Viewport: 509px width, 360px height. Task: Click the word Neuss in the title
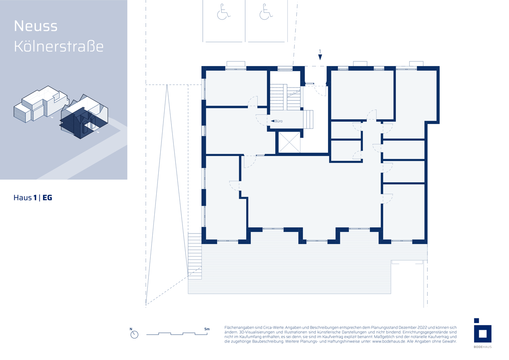tap(36, 26)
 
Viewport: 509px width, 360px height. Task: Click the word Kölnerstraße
tap(59, 47)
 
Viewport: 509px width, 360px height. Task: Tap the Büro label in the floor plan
tap(279, 121)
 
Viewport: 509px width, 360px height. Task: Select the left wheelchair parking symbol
tap(223, 12)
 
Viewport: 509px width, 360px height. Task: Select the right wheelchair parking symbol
tap(266, 12)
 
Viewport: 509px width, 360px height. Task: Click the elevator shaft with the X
tap(289, 142)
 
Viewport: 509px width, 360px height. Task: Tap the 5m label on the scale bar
tap(207, 329)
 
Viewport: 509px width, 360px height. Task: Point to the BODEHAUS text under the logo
tap(483, 347)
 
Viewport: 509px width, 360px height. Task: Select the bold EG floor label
tap(47, 198)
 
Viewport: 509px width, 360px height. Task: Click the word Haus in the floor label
tap(23, 198)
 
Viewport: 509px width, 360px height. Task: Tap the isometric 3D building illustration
tap(61, 112)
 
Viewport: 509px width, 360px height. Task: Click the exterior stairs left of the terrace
tap(195, 256)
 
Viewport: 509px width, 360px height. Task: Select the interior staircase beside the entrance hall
tap(285, 97)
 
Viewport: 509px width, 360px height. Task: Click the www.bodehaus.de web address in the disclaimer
tap(389, 341)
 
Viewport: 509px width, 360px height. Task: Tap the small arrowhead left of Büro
tap(272, 121)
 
